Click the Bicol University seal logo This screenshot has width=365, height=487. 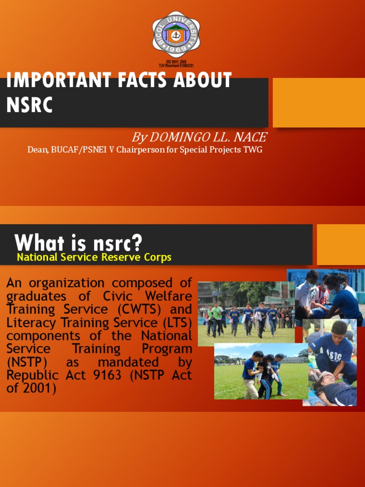pyautogui.click(x=175, y=35)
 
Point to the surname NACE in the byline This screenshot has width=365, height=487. pyautogui.click(x=250, y=138)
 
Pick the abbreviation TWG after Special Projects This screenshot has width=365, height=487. pyautogui.click(x=253, y=150)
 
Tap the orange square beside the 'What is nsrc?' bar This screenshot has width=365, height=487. pyautogui.click(x=340, y=244)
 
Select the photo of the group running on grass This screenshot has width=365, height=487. pyautogui.click(x=246, y=314)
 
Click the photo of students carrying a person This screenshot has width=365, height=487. pyautogui.click(x=261, y=371)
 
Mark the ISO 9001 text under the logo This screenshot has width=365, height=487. pyautogui.click(x=175, y=62)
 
